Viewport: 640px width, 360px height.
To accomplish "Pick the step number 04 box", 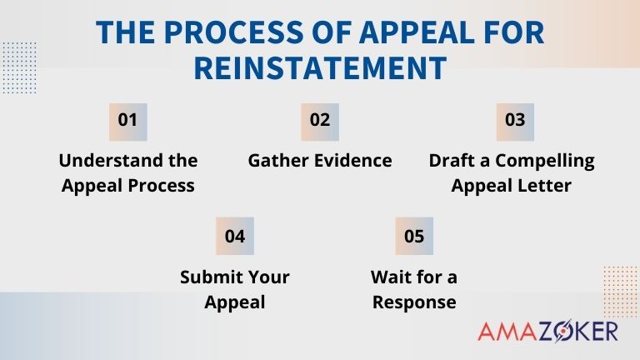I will (x=235, y=236).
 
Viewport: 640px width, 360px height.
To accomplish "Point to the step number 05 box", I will (x=414, y=236).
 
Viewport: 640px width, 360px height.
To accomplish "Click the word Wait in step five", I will (x=390, y=277).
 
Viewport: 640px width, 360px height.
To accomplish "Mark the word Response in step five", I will (x=414, y=302).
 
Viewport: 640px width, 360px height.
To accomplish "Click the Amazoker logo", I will (x=547, y=331).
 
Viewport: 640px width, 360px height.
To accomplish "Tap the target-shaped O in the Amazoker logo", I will (x=569, y=331).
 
